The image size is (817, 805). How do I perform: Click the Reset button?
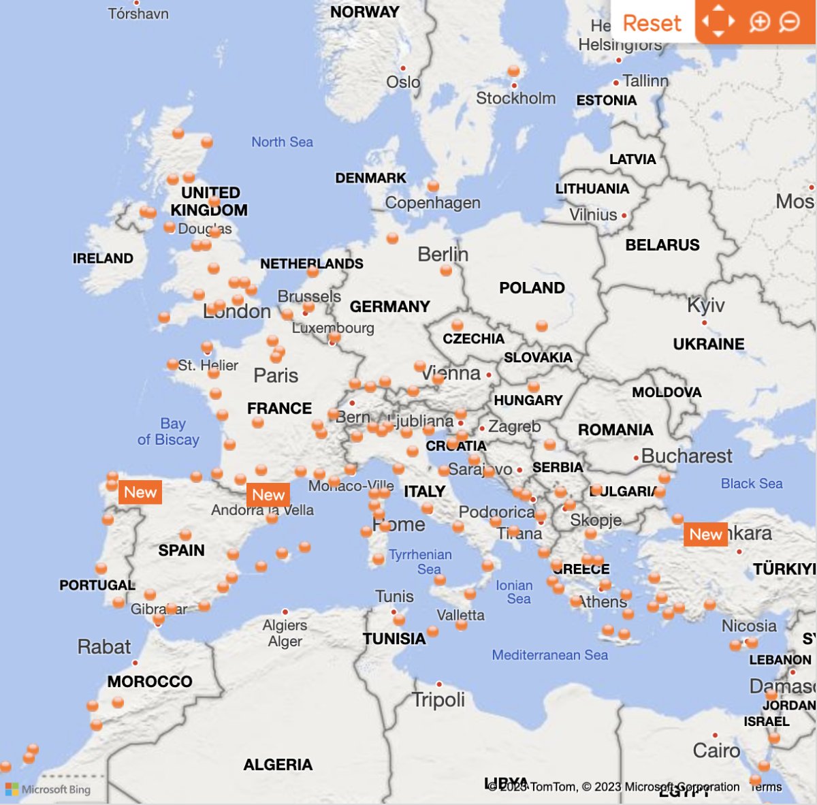(x=652, y=23)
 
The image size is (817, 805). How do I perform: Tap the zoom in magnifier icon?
(x=759, y=22)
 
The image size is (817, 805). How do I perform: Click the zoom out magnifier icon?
(x=789, y=22)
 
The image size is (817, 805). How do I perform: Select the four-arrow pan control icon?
(x=718, y=22)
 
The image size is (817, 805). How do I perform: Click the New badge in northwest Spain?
(x=140, y=492)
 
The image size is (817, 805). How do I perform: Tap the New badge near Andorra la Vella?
(x=268, y=495)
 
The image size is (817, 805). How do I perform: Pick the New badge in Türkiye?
(x=705, y=535)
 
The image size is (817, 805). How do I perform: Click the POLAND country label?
(x=532, y=288)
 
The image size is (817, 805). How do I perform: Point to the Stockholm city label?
(x=515, y=98)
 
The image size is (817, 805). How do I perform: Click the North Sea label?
(x=282, y=142)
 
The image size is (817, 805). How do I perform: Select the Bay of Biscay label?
(x=169, y=432)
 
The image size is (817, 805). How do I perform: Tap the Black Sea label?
(x=752, y=484)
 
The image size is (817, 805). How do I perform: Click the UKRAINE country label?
(x=708, y=344)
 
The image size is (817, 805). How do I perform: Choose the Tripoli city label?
(x=438, y=699)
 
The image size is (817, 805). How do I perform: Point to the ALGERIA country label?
(x=278, y=765)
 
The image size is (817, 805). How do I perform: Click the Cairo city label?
(x=716, y=751)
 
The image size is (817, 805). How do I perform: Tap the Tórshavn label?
(x=138, y=13)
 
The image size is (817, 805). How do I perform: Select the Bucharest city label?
(x=686, y=456)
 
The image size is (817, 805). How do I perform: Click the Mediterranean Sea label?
(x=549, y=655)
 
